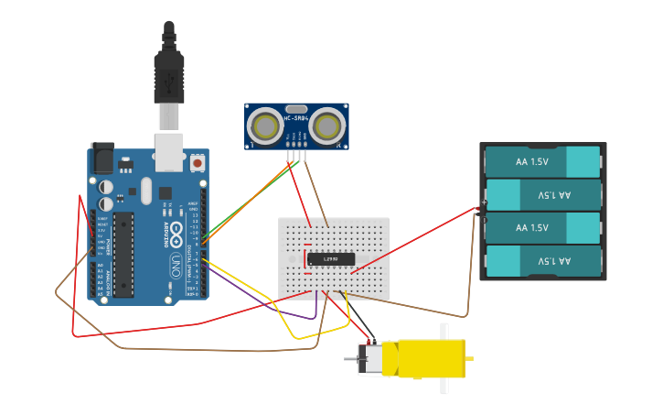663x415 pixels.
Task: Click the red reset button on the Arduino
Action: (x=198, y=163)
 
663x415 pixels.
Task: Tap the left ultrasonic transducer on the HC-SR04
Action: (x=266, y=126)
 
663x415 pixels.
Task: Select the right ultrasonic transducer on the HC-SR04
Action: (x=327, y=126)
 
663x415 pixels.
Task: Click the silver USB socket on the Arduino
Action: (x=169, y=151)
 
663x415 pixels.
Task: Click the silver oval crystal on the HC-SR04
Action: (x=296, y=108)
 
